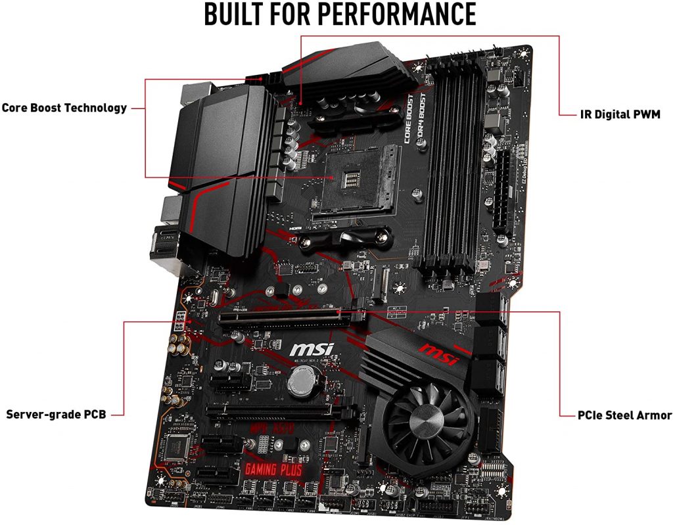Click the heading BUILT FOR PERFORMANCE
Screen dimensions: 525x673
click(x=339, y=14)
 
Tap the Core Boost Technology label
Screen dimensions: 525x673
click(x=64, y=108)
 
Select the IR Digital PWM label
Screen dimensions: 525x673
click(x=616, y=114)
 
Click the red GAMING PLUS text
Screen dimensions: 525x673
click(x=273, y=469)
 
